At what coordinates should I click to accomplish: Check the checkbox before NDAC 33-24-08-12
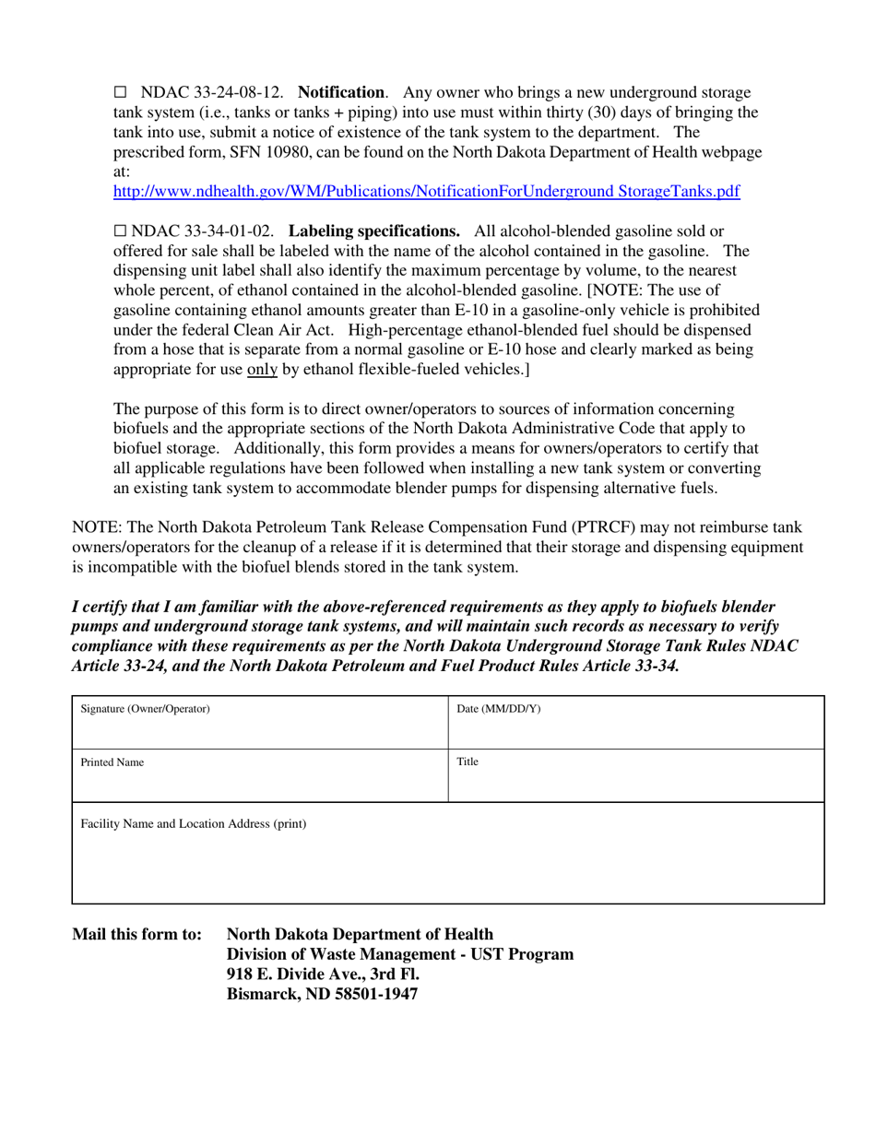point(119,93)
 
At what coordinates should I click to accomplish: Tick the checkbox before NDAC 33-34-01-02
point(119,230)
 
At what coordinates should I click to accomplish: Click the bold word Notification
point(342,93)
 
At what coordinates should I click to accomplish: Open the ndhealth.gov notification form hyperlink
point(425,192)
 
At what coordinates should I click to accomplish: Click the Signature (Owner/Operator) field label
point(146,709)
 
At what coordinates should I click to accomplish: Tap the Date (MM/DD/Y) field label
point(499,709)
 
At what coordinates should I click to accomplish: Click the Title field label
point(468,762)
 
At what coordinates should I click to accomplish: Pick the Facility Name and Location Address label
point(194,823)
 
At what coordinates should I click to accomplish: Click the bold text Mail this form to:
point(136,934)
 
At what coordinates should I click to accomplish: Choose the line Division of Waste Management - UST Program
point(400,954)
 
